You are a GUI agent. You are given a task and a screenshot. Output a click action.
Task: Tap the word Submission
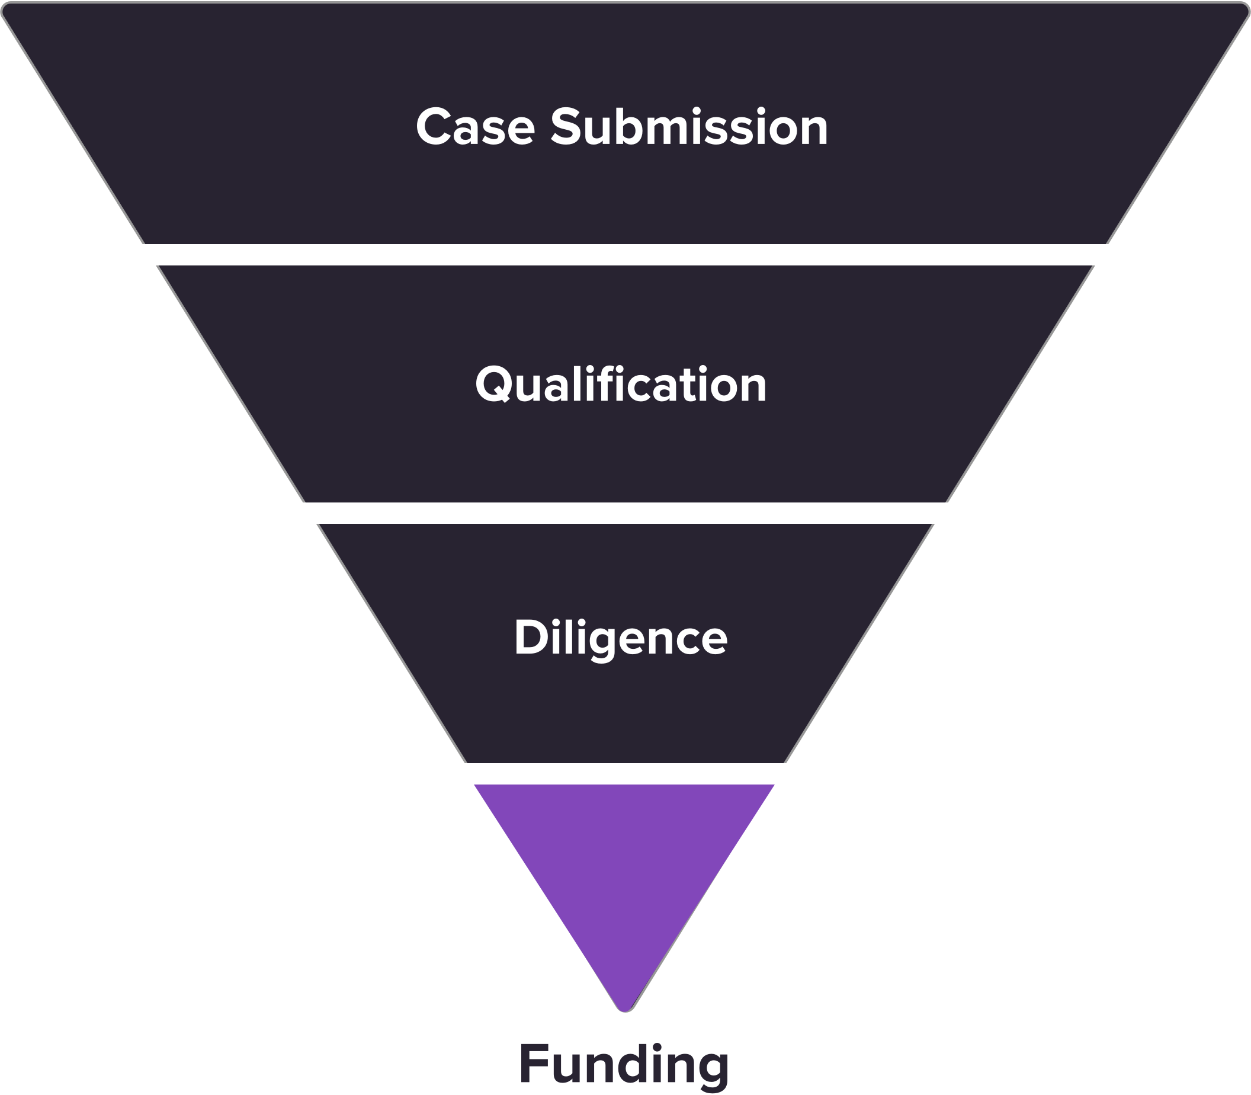pyautogui.click(x=689, y=127)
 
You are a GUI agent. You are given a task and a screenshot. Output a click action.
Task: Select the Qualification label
pyautogui.click(x=621, y=385)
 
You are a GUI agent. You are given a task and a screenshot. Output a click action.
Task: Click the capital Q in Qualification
pyautogui.click(x=493, y=385)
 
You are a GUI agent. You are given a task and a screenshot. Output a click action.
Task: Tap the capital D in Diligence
pyautogui.click(x=530, y=638)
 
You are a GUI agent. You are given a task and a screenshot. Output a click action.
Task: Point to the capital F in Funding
pyautogui.click(x=533, y=1063)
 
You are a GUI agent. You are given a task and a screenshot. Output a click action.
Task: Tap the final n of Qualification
pyautogui.click(x=751, y=388)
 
